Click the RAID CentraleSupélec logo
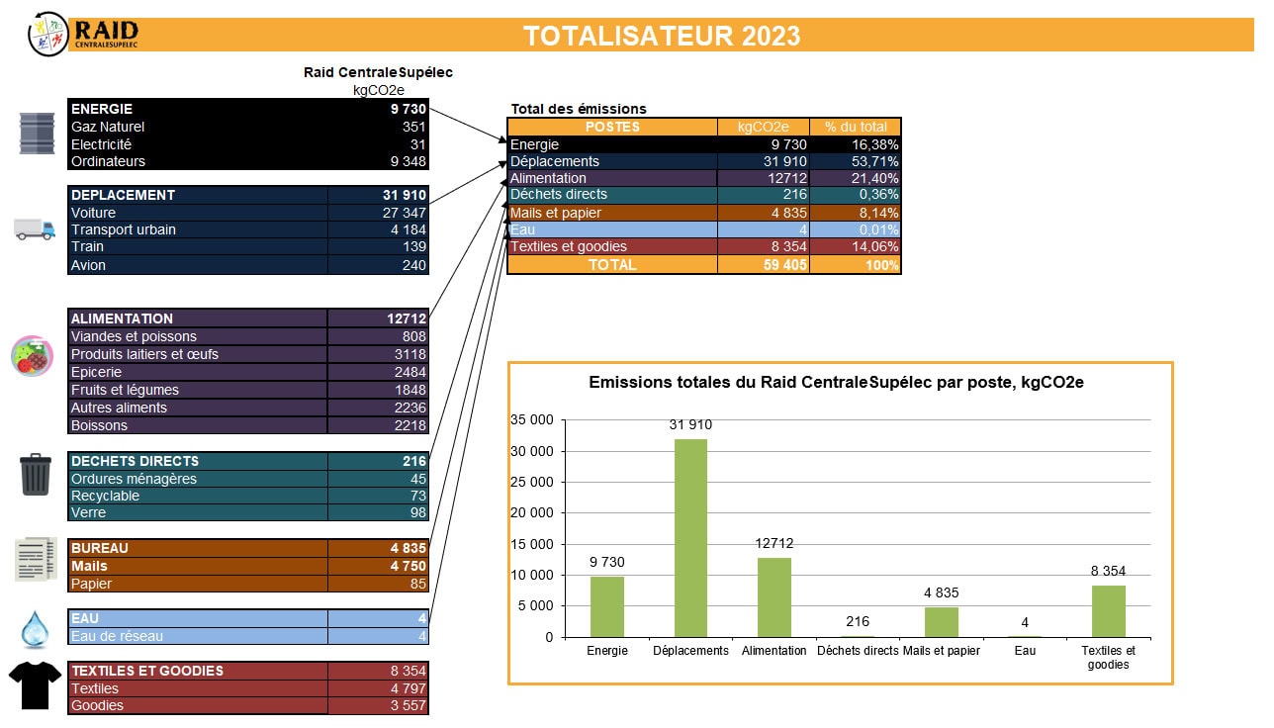point(84,34)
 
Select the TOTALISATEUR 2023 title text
point(662,36)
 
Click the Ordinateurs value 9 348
point(405,161)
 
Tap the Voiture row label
point(94,213)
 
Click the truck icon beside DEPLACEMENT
point(35,228)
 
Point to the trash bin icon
point(36,474)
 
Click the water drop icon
point(36,628)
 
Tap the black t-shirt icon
point(36,683)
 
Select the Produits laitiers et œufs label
point(145,354)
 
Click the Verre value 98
point(417,512)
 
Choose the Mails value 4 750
point(408,566)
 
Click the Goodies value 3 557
point(407,705)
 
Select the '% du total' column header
point(856,127)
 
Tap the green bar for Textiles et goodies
point(1109,610)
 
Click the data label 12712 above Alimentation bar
point(773,543)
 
